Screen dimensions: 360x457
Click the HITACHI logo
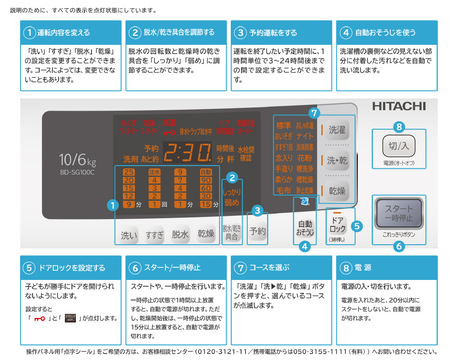[399, 106]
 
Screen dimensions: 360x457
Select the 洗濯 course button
[337, 130]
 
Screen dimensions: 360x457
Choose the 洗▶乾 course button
[337, 160]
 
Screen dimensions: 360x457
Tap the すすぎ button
[154, 235]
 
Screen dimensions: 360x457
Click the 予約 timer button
[257, 231]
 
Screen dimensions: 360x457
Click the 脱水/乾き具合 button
[232, 232]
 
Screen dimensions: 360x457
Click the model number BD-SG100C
[77, 172]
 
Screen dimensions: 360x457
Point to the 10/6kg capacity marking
[77, 160]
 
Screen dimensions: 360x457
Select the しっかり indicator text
[232, 192]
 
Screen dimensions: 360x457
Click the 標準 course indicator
[283, 125]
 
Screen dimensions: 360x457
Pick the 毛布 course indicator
[283, 190]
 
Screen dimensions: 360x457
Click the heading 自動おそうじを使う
[385, 32]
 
